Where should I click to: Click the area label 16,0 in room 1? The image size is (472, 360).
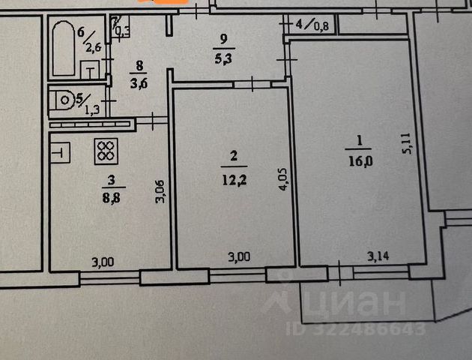(356, 159)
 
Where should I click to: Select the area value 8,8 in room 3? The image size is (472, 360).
(110, 197)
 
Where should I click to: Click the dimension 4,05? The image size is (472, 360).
(283, 180)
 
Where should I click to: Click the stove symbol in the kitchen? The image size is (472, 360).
(104, 151)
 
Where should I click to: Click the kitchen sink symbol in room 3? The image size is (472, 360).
(60, 152)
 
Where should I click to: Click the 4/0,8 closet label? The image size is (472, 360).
(312, 23)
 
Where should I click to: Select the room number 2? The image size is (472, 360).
(234, 156)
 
